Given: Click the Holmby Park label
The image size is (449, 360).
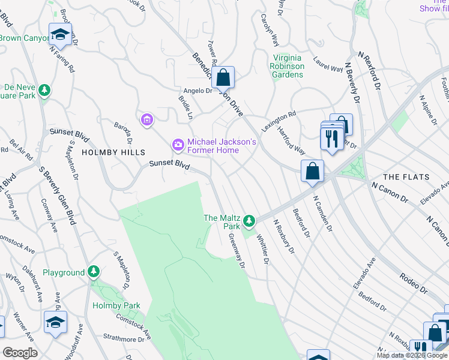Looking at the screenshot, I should (x=116, y=305).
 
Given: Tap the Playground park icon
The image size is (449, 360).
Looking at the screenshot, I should (x=93, y=272).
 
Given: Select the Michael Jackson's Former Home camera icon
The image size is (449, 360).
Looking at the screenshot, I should (x=178, y=144).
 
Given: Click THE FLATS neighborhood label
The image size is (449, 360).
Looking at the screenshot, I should (x=406, y=177).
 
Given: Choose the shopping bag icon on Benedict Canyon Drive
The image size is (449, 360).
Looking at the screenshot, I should (x=223, y=78).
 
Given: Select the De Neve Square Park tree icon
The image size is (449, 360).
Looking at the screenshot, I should (x=44, y=91).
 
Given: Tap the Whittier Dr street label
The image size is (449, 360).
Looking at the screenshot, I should (x=262, y=248).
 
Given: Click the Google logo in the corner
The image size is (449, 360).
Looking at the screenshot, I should (x=20, y=353).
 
